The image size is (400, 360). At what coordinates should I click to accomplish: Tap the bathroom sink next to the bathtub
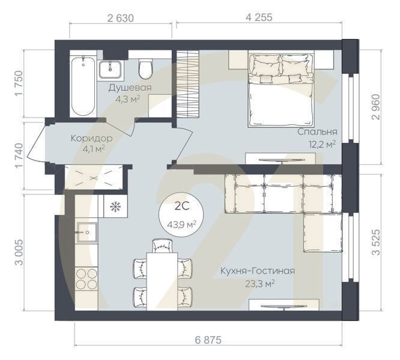tap(112, 69)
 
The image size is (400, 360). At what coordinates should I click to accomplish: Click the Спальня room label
tap(317, 131)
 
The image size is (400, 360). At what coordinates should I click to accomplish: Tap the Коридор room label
tap(91, 138)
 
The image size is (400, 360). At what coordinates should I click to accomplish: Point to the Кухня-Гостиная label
tap(256, 271)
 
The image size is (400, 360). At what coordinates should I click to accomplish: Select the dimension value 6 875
tap(208, 340)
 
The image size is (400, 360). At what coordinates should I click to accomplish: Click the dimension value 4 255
tap(259, 17)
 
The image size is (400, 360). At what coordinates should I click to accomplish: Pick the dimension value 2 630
tap(121, 17)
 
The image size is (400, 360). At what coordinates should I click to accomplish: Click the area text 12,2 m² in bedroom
tap(322, 144)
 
